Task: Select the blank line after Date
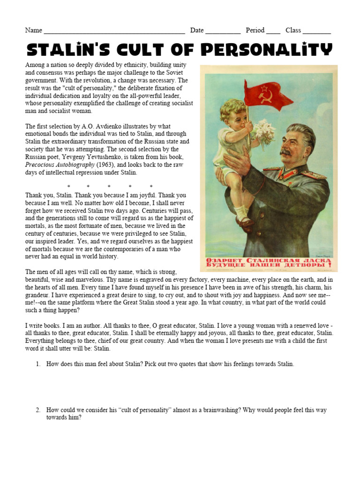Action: coord(223,31)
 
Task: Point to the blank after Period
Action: coord(273,31)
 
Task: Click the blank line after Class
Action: coord(316,31)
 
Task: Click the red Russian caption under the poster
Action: coord(269,262)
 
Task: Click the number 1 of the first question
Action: coord(38,364)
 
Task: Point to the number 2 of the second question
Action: coord(38,410)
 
